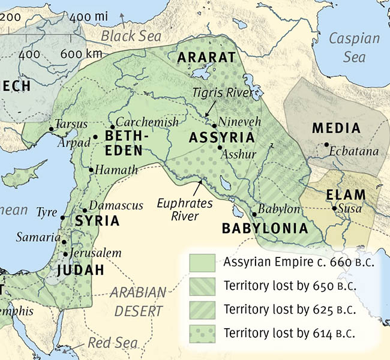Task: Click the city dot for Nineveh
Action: tap(214, 127)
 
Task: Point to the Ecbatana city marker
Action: tap(326, 145)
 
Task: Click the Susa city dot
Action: tap(334, 209)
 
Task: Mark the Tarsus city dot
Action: tap(50, 129)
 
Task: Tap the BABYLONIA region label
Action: tap(265, 229)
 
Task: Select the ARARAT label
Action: tap(205, 58)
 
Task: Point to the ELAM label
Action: tap(346, 194)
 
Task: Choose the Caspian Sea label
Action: tap(354, 47)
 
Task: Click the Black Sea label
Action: tap(130, 36)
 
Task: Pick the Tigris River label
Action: tap(224, 94)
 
